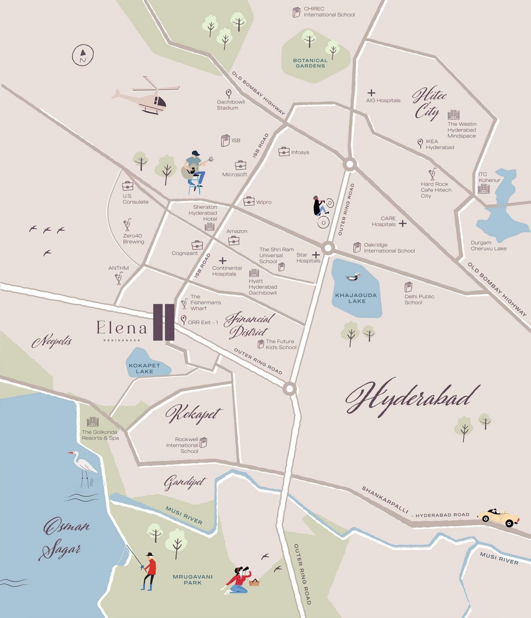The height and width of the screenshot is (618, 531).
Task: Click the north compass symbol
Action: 83,55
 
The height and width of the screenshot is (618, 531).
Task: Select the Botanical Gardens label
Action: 310,63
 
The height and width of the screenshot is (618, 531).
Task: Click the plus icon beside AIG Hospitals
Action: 371,93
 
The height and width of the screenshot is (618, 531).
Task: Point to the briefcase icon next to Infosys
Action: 284,152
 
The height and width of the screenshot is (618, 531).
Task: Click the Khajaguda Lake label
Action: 356,298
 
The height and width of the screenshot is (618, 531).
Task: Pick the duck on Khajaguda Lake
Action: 353,277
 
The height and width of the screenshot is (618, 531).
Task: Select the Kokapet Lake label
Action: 144,368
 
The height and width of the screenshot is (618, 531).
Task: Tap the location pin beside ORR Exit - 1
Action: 184,320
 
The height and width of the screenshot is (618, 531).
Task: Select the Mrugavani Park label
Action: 192,580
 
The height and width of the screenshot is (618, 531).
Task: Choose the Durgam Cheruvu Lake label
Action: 488,245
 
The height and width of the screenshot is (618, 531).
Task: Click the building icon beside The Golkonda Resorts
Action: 93,422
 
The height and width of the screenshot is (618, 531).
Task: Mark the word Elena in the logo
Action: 121,328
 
